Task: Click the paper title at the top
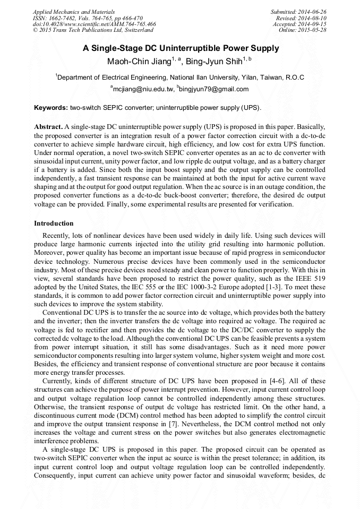click(181, 48)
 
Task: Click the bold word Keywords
click(50, 107)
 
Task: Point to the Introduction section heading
click(54, 223)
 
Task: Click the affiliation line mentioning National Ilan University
click(181, 77)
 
